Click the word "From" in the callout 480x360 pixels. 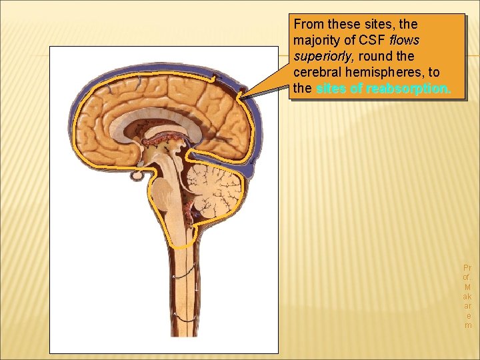pos(308,24)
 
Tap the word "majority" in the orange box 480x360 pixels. pos(317,40)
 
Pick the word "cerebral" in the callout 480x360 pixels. pos(316,73)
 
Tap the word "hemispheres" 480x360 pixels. pos(387,73)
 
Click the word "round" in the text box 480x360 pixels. pos(376,57)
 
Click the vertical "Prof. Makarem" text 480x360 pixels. pos(467,296)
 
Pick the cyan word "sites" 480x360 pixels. pos(331,89)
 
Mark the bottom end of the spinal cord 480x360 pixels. pos(180,344)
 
